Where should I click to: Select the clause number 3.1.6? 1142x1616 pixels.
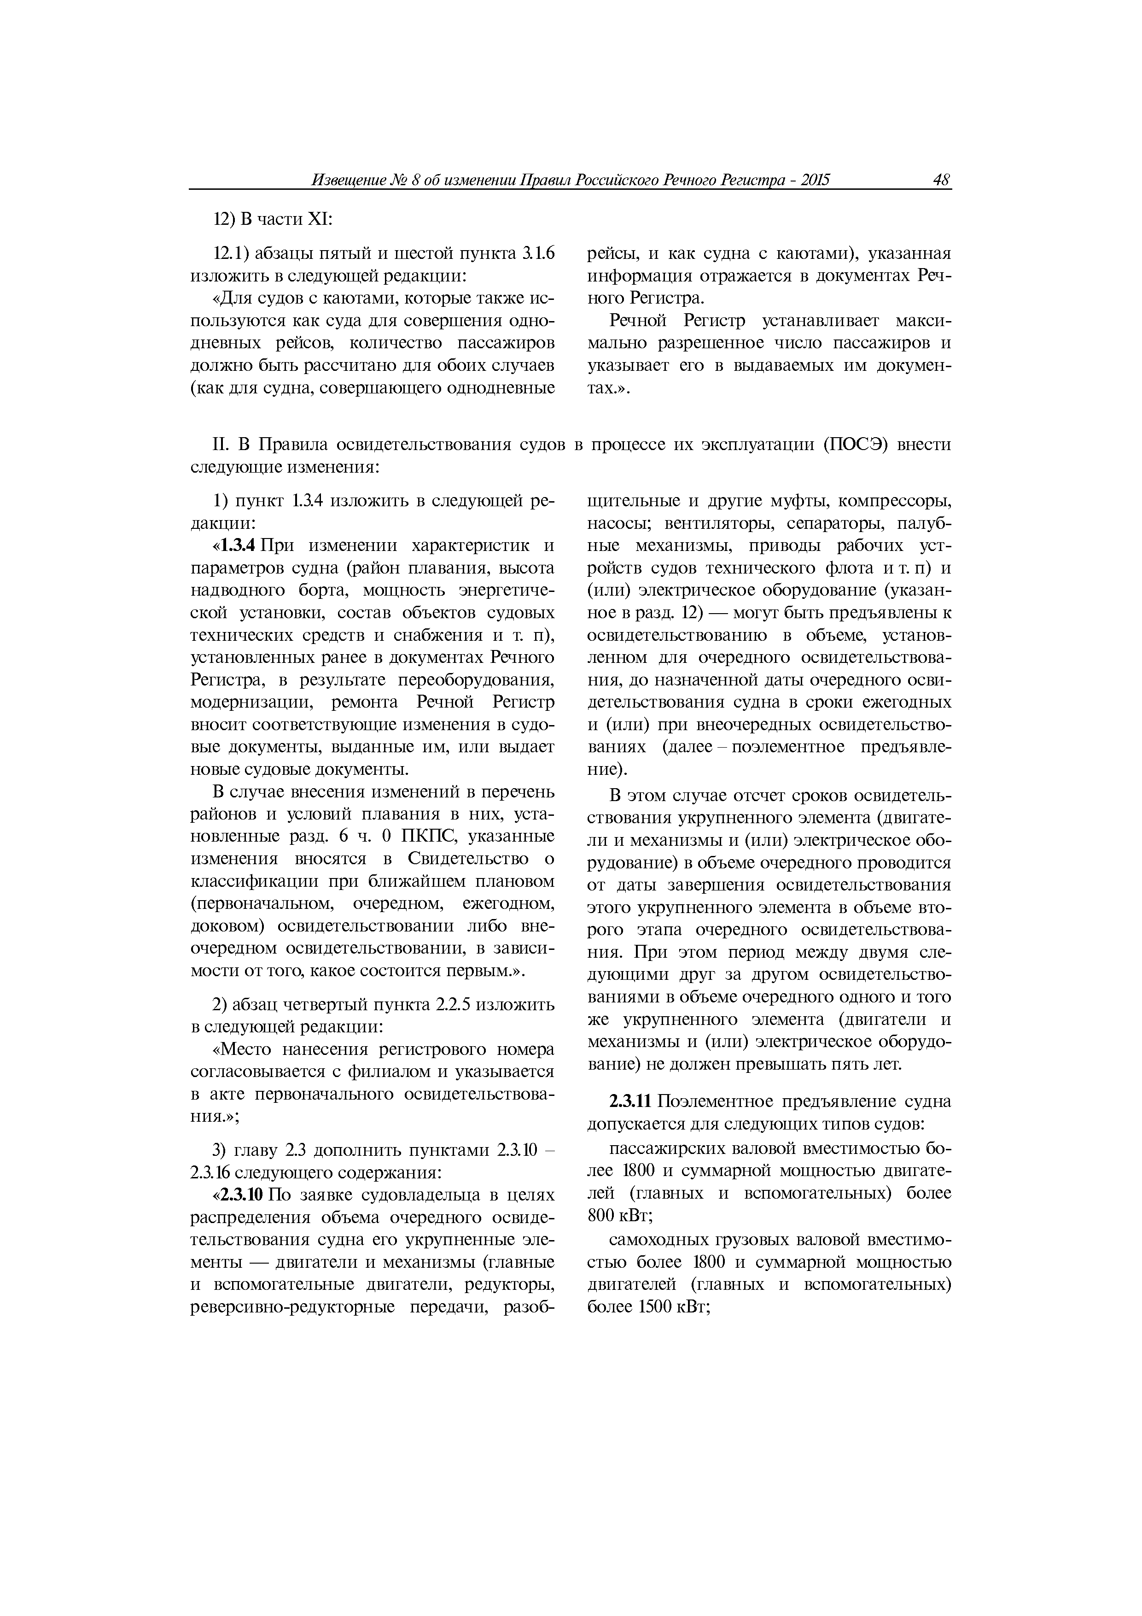click(x=539, y=253)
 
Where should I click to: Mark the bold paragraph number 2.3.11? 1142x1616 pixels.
click(x=632, y=1101)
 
